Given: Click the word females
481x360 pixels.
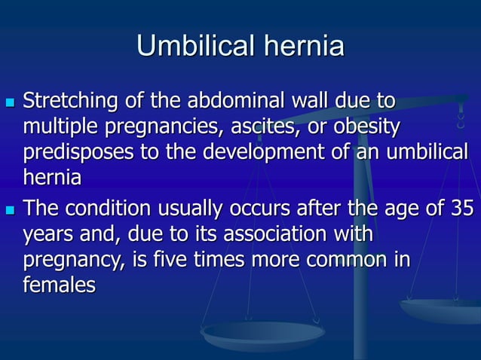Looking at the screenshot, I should tap(60, 285).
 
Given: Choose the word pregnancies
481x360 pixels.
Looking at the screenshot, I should tap(158, 127).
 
